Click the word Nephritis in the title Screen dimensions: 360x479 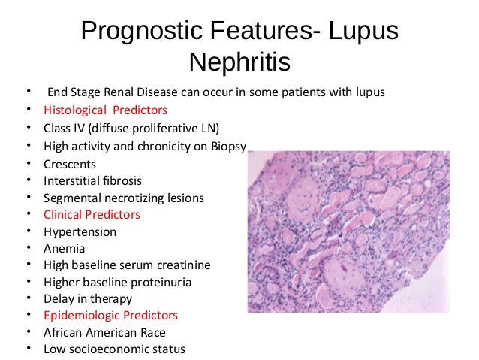(x=239, y=63)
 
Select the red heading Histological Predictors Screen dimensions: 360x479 (x=105, y=110)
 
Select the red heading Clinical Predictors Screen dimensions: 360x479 (x=92, y=215)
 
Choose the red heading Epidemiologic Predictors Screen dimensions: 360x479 (x=110, y=315)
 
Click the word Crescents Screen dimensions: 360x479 (x=70, y=163)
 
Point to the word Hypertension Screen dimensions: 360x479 (x=80, y=232)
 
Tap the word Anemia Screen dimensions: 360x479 (x=64, y=249)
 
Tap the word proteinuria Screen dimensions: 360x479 (x=160, y=283)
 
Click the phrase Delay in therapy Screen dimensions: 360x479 (x=88, y=299)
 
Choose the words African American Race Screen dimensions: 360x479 (x=104, y=332)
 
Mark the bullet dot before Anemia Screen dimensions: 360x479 (x=28, y=249)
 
